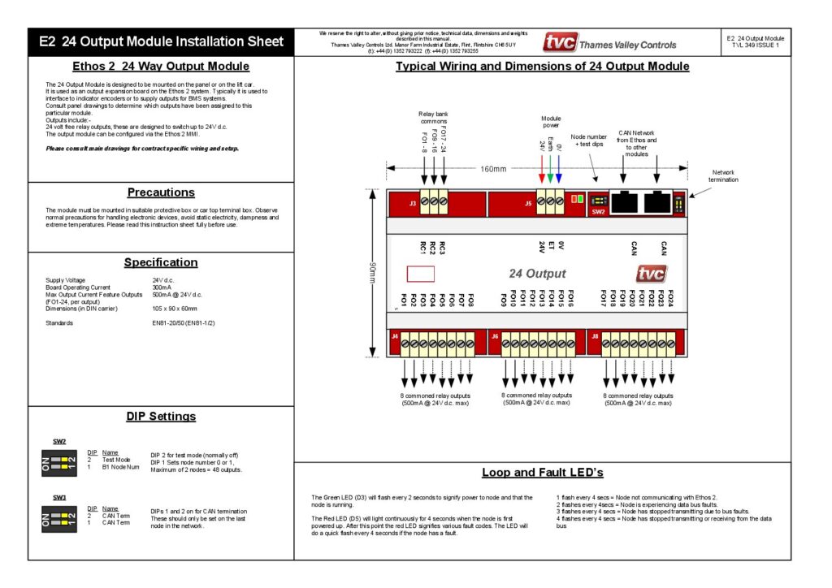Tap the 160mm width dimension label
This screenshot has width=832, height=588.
(492, 169)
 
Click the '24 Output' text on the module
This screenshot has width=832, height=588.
(537, 274)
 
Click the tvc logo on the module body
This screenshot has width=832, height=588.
(652, 274)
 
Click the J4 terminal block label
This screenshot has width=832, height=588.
(395, 335)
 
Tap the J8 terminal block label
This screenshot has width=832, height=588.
(595, 335)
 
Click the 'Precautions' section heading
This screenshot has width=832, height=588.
(161, 192)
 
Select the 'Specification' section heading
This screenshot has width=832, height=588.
(161, 262)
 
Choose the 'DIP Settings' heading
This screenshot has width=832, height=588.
(161, 417)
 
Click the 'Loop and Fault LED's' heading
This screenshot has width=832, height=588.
(542, 472)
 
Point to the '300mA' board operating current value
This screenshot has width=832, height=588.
(162, 288)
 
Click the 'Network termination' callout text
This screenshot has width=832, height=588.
(724, 175)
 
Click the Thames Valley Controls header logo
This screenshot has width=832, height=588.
(609, 42)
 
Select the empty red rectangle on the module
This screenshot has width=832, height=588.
(420, 274)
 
